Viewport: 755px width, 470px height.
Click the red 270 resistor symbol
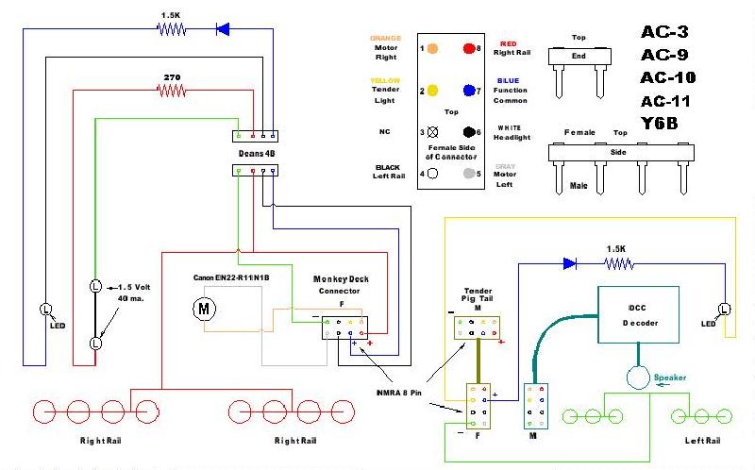coord(171,92)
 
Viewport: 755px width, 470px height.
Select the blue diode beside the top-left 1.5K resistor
coord(223,29)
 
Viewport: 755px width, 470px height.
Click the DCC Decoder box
coord(639,315)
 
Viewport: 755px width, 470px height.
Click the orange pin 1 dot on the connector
coord(431,47)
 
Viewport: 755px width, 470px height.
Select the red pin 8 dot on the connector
coord(468,47)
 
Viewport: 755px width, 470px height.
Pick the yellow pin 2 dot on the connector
coord(431,91)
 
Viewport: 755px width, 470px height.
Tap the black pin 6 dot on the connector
coord(468,132)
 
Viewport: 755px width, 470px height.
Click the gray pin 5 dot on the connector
coord(468,174)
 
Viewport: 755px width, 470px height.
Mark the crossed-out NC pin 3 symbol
coord(431,132)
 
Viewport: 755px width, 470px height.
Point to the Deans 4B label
coord(257,152)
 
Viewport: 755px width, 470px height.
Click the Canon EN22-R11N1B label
coord(231,277)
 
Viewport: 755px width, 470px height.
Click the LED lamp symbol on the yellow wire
coord(724,310)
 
